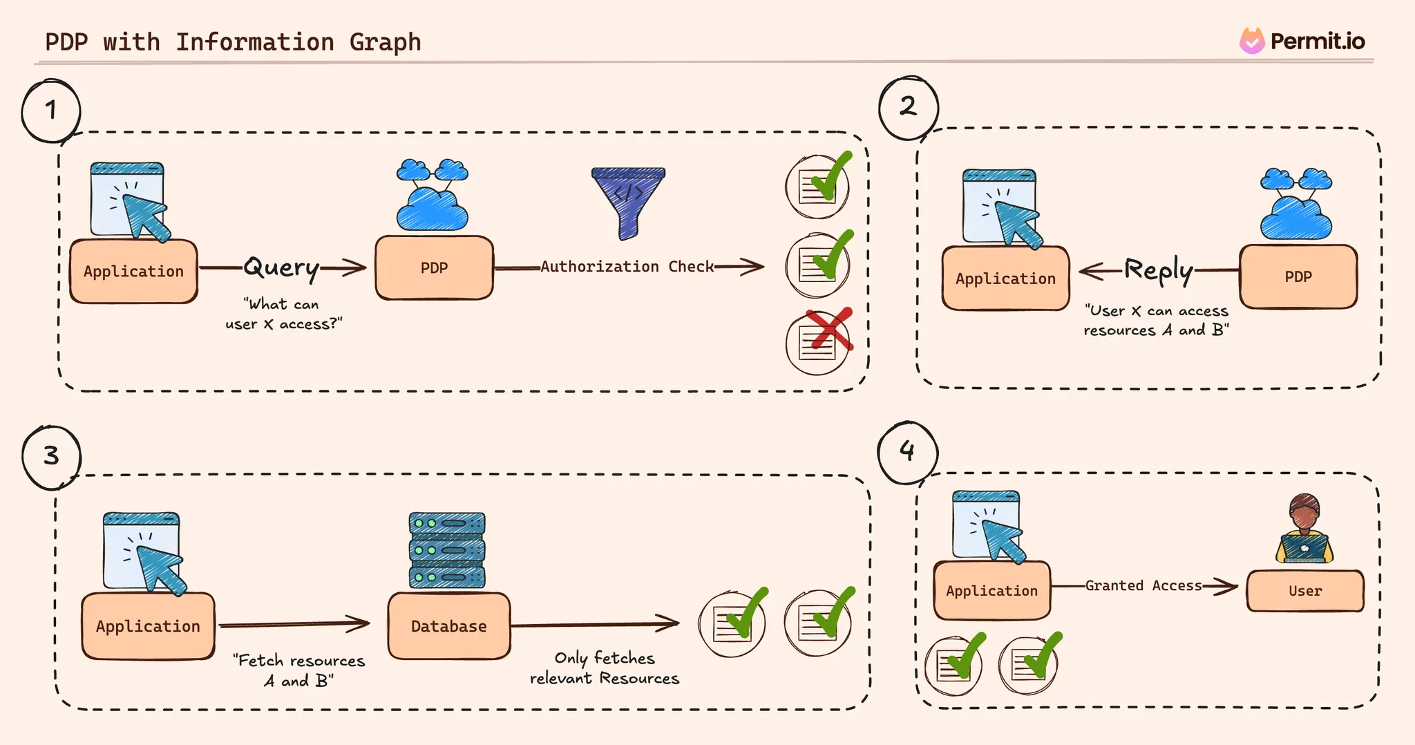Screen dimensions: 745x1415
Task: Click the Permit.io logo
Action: (x=1302, y=41)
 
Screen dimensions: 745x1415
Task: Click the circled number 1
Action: (x=51, y=111)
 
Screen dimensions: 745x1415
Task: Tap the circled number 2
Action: (x=909, y=107)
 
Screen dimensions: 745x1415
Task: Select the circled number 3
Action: (x=52, y=457)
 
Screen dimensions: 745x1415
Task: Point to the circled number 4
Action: (x=907, y=452)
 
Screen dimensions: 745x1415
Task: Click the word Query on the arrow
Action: (x=281, y=267)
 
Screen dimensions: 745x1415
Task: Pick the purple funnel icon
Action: (x=628, y=201)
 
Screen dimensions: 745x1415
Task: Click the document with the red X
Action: (x=819, y=341)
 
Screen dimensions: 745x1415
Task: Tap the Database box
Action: (x=449, y=626)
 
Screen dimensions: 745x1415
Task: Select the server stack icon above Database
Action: (x=447, y=550)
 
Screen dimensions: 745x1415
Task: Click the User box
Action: (x=1305, y=591)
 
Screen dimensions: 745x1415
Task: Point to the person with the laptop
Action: (x=1304, y=529)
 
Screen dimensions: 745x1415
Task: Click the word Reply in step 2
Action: (x=1159, y=270)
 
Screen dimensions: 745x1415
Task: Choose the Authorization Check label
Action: (x=627, y=267)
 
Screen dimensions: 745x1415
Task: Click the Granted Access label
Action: (x=1143, y=586)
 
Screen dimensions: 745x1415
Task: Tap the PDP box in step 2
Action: (x=1298, y=277)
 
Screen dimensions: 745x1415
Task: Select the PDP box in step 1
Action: (x=435, y=268)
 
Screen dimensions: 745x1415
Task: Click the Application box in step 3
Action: (x=148, y=626)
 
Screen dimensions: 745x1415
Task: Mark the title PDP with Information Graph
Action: (x=233, y=42)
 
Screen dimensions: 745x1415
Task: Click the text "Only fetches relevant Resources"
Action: (x=605, y=668)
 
